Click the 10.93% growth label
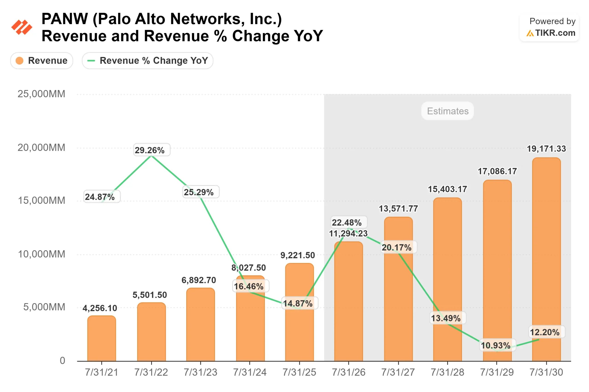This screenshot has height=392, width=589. click(x=496, y=345)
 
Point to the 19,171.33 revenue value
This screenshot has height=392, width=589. click(x=546, y=149)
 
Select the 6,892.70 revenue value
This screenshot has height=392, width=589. click(x=199, y=280)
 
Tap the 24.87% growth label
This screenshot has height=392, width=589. click(x=100, y=197)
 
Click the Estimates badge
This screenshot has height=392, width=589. click(x=448, y=111)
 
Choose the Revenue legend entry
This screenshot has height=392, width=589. click(x=42, y=60)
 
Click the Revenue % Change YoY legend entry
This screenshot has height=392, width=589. click(x=147, y=60)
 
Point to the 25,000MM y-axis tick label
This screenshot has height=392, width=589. click(x=41, y=94)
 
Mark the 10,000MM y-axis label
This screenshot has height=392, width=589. click(x=42, y=254)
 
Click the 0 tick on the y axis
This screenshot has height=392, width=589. click(x=62, y=361)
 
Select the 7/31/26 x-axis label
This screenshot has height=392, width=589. click(x=349, y=372)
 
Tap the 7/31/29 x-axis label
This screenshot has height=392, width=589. click(x=497, y=372)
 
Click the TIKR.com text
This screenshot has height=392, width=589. click(x=555, y=33)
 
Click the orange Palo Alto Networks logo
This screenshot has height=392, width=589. click(x=22, y=27)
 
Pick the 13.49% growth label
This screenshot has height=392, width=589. click(x=446, y=318)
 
